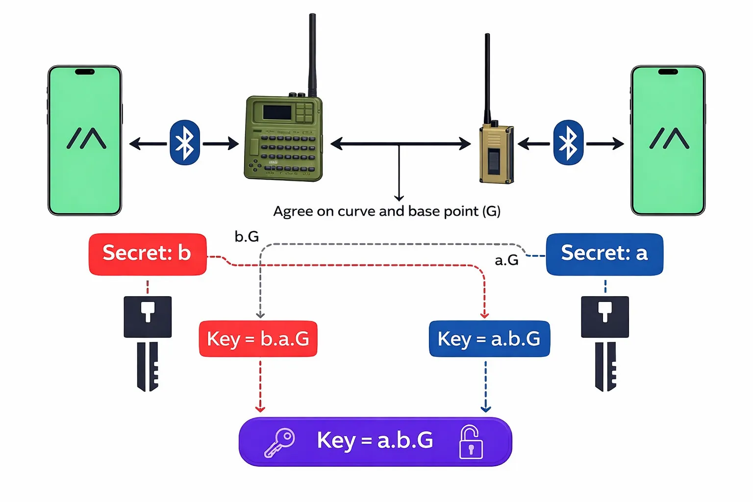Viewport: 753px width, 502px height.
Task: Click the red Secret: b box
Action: click(x=147, y=254)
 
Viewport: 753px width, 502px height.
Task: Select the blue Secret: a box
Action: click(x=604, y=254)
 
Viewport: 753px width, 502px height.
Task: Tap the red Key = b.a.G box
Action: click(x=258, y=339)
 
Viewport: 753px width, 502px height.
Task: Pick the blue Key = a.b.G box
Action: click(x=489, y=339)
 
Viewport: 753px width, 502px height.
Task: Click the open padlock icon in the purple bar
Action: click(x=471, y=442)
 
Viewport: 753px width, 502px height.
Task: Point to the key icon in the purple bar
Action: click(x=279, y=443)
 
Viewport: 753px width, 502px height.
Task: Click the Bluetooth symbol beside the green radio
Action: click(x=185, y=143)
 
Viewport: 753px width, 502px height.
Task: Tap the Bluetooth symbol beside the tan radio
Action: click(x=568, y=143)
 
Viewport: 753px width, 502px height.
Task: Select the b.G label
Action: click(x=247, y=237)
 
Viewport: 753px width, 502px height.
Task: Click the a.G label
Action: click(x=506, y=260)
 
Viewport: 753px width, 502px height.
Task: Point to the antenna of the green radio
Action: click(x=312, y=54)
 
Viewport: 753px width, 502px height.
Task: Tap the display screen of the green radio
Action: click(x=277, y=112)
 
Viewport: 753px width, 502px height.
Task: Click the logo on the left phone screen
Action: click(x=86, y=138)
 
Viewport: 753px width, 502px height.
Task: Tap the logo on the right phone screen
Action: click(x=669, y=138)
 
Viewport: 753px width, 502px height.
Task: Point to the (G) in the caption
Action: click(x=491, y=212)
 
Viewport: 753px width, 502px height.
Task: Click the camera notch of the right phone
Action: click(x=668, y=72)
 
